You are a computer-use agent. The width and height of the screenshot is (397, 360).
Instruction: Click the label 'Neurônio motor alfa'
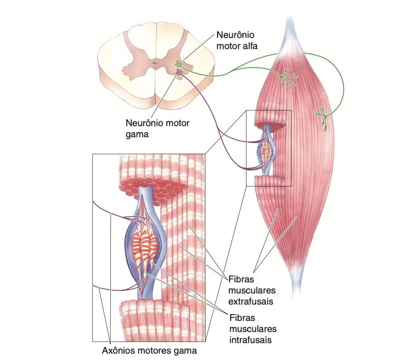click(238, 40)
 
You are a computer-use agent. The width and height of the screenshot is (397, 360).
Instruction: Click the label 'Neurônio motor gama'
click(158, 128)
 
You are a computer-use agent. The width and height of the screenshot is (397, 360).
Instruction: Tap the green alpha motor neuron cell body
click(179, 64)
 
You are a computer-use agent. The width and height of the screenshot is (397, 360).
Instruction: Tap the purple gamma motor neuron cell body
click(179, 72)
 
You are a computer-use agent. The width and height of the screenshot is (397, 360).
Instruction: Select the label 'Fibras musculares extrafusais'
click(250, 290)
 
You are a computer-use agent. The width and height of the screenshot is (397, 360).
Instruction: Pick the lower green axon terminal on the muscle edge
click(323, 117)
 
